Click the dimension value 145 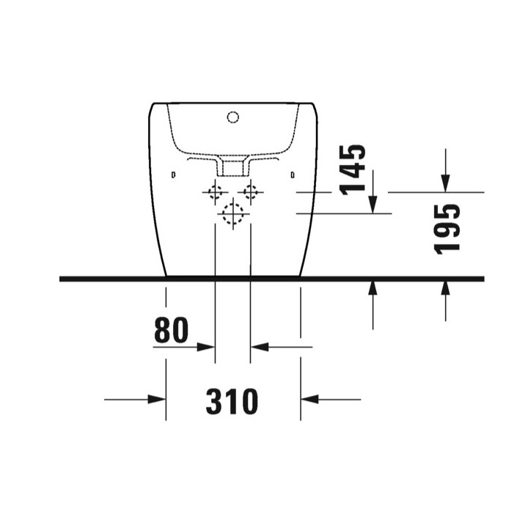pos(354,169)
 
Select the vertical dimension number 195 pos(447,228)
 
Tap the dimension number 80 pos(172,331)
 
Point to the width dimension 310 pos(232,401)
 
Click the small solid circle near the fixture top pos(234,116)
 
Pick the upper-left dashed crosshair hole pos(216,193)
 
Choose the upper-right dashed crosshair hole pos(252,193)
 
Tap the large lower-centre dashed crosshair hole pos(233,213)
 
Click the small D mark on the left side pos(173,175)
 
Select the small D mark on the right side pos(293,175)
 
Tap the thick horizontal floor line pos(271,279)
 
